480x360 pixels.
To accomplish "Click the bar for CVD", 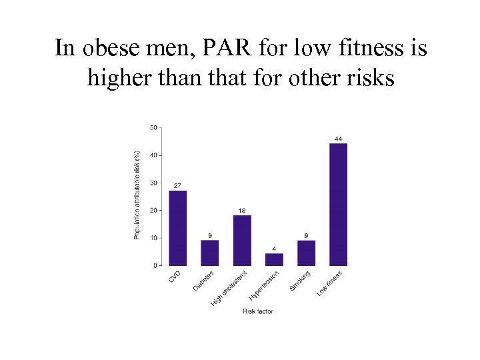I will click(x=178, y=228).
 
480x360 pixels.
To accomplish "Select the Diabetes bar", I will click(x=210, y=253).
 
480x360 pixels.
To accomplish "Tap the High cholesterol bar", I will click(x=242, y=240).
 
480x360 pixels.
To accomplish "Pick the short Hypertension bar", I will click(x=274, y=259).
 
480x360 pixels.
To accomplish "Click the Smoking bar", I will click(x=306, y=253).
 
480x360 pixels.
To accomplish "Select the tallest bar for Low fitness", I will click(x=338, y=204).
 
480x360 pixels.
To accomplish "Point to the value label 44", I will click(x=338, y=139).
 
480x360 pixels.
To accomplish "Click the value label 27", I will click(x=178, y=185).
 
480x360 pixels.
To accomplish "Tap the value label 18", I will click(x=242, y=211).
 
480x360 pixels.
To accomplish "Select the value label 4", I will click(x=274, y=249).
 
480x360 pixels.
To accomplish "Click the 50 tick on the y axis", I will click(x=153, y=127).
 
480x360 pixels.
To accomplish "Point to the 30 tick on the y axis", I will click(x=153, y=183).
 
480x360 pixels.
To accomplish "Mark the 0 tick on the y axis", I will click(x=155, y=265).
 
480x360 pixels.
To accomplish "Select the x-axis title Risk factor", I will click(x=258, y=311).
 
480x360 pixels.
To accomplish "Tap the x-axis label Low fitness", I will click(x=331, y=283).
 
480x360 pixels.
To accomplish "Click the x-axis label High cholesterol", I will click(x=231, y=288).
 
